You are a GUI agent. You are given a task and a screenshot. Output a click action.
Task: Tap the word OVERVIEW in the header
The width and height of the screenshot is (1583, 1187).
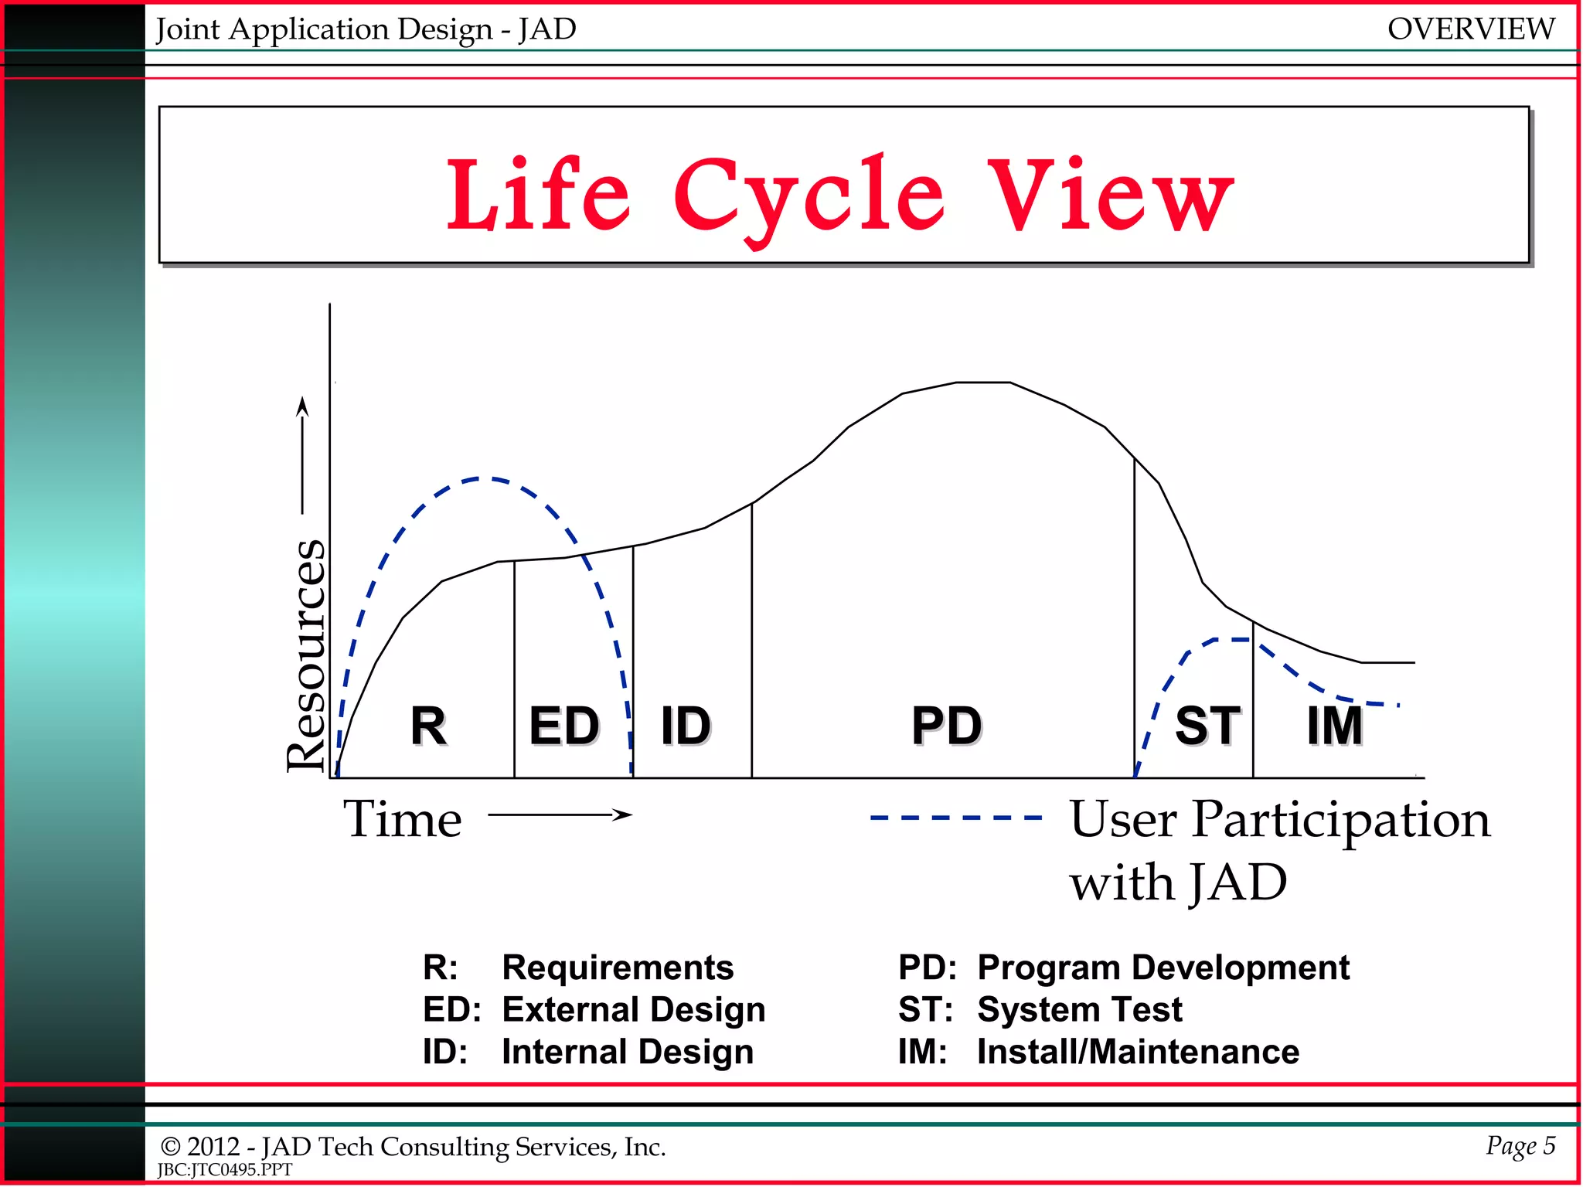tap(1470, 29)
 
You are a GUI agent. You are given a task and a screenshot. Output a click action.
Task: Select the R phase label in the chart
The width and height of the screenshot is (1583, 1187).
tap(428, 726)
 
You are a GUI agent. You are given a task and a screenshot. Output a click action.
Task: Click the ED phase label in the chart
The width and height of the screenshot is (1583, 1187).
tap(564, 726)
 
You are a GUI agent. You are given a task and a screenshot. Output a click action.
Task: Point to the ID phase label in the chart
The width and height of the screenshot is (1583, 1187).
tap(686, 726)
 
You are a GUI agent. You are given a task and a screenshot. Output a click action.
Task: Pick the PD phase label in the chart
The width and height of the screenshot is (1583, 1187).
tap(946, 726)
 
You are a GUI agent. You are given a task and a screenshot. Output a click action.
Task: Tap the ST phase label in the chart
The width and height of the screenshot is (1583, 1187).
tap(1207, 726)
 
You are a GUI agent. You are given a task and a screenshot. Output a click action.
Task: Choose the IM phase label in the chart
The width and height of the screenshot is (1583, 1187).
tap(1334, 726)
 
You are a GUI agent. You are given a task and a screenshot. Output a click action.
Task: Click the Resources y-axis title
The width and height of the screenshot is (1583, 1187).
tap(306, 655)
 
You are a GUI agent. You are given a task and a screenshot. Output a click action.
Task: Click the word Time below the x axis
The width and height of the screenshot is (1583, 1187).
tap(403, 819)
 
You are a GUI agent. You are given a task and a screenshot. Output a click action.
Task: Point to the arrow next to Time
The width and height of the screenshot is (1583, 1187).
tap(560, 815)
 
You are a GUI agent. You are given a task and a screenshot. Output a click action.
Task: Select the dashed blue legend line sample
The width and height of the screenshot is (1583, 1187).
tap(955, 818)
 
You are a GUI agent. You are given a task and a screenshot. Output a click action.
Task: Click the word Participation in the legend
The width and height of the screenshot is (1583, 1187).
tap(1340, 819)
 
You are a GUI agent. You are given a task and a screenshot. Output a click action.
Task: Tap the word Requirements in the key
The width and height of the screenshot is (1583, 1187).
tap(618, 968)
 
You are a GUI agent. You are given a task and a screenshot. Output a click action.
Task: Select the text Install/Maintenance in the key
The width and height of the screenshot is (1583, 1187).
tap(1138, 1052)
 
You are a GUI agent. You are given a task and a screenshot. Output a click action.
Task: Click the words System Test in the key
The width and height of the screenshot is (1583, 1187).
tap(1080, 1009)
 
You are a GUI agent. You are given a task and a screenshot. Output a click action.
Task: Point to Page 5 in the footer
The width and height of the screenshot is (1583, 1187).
tap(1520, 1145)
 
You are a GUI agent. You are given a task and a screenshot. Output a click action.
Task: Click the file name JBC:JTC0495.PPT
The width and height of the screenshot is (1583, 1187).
tap(225, 1170)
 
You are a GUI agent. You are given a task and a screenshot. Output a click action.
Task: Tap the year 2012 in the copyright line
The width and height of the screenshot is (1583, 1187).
tap(213, 1147)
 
